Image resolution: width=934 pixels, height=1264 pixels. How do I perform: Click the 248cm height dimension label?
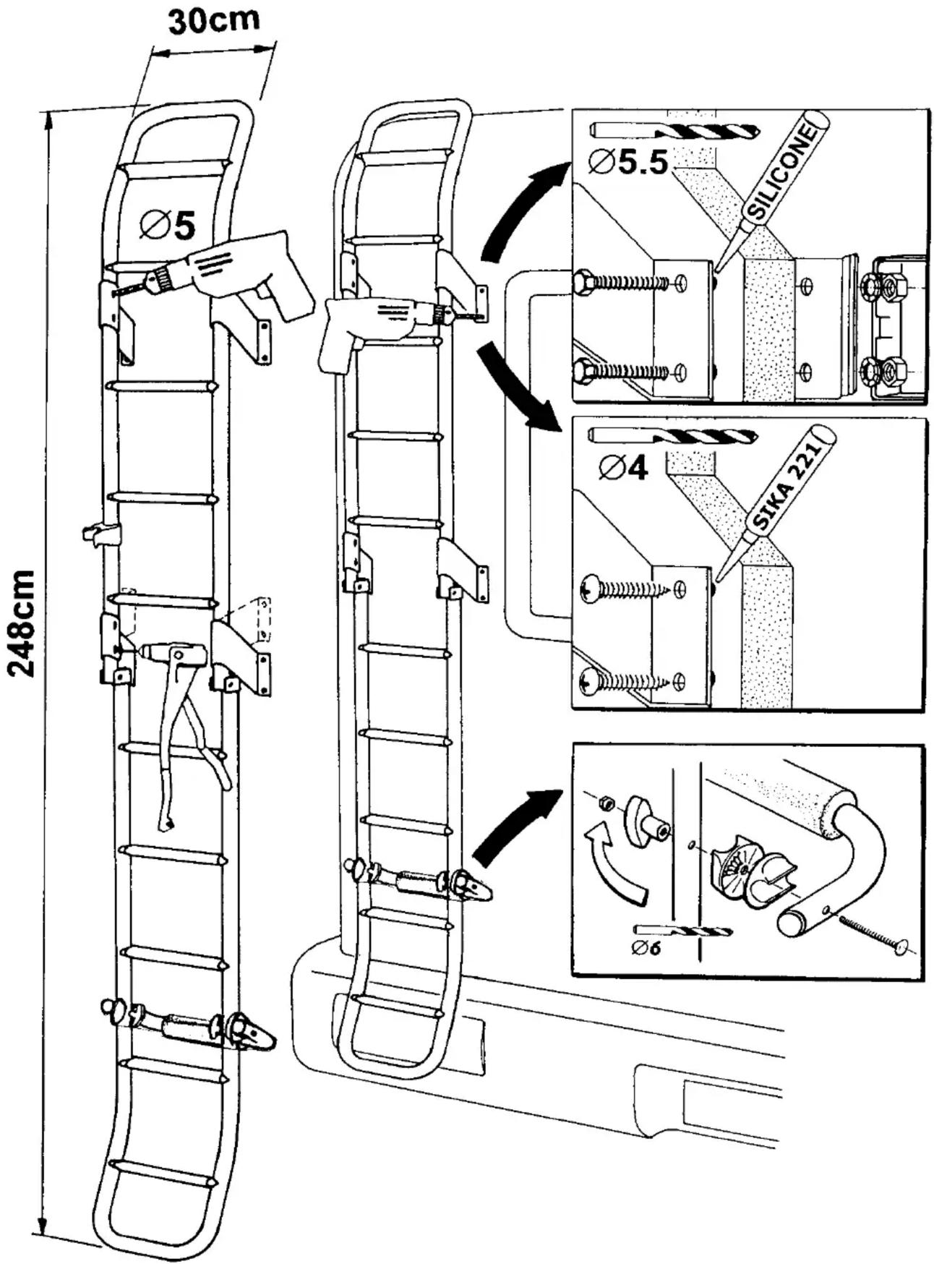click(22, 623)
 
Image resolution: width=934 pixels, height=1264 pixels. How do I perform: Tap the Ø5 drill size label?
click(168, 225)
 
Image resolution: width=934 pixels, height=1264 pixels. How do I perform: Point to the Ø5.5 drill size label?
click(628, 162)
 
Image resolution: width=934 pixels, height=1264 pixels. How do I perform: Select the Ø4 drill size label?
click(624, 468)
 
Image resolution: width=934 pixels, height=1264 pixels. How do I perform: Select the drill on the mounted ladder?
click(390, 327)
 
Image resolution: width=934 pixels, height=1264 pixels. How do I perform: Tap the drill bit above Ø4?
click(672, 437)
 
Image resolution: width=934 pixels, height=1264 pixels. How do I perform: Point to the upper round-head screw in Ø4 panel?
click(590, 589)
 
